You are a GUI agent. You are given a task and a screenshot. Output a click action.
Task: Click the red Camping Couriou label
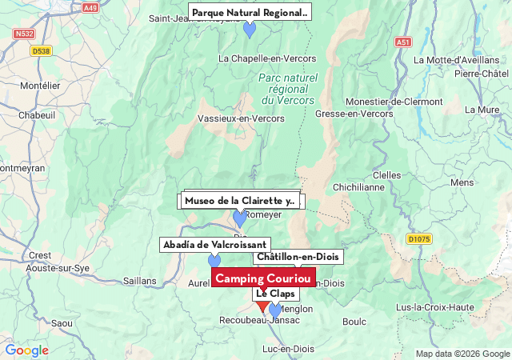tap(264, 278)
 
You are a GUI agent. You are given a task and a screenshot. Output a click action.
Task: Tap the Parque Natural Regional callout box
tap(250, 13)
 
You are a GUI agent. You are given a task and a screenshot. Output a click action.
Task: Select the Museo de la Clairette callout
tap(239, 201)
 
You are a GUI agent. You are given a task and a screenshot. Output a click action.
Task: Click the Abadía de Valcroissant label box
tap(215, 244)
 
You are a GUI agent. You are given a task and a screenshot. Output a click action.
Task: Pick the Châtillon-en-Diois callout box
tap(298, 257)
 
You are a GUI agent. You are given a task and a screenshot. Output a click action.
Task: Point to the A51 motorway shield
tap(402, 42)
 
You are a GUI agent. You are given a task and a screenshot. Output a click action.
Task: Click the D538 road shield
tap(41, 51)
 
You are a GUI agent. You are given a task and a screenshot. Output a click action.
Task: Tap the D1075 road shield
tap(418, 238)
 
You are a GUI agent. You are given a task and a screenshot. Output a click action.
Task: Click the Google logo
tap(26, 350)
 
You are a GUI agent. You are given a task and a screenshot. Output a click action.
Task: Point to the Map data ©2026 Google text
tap(462, 354)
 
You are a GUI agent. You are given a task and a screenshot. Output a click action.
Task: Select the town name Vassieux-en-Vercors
tap(240, 118)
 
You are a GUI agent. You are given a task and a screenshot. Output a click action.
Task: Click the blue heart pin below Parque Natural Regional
tap(250, 30)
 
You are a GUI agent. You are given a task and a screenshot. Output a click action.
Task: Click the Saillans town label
tap(140, 281)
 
